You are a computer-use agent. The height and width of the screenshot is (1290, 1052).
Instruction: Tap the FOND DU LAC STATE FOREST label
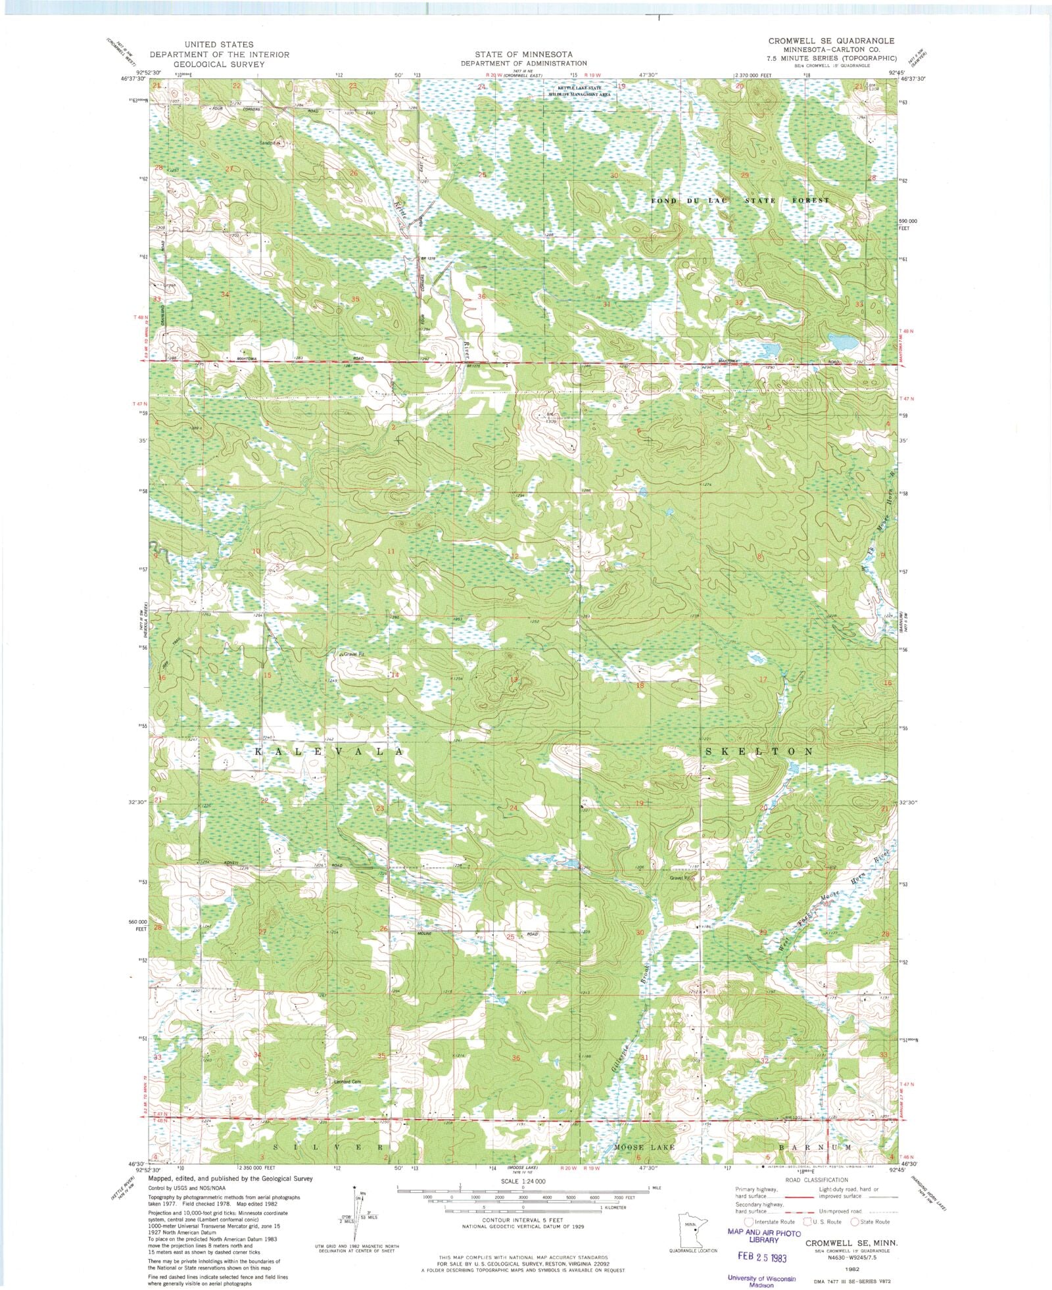(x=740, y=200)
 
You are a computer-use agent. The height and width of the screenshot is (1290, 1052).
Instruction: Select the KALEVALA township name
(x=327, y=750)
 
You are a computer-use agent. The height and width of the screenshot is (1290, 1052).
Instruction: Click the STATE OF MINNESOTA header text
(x=524, y=54)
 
